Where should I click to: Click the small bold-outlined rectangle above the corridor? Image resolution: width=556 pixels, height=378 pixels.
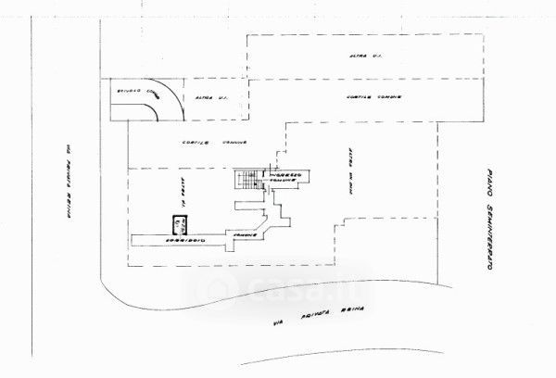pyautogui.click(x=179, y=223)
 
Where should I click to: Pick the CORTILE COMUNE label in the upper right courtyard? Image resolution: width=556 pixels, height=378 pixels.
pyautogui.click(x=371, y=98)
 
